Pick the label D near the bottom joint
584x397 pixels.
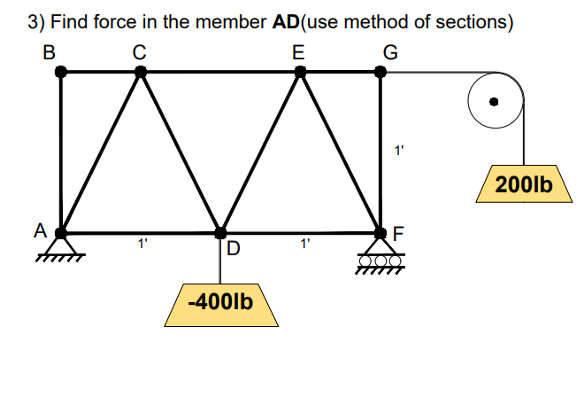tap(234, 248)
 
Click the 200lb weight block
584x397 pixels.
tap(525, 186)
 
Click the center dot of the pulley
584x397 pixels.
tap(496, 101)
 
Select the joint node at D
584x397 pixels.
tap(220, 233)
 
